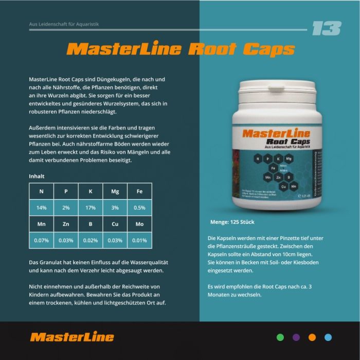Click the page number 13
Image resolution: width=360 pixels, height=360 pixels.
coord(326,29)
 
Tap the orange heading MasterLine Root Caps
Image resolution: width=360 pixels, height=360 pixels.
coord(181,49)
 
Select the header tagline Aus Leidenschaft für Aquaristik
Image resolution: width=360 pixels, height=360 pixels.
coord(64,24)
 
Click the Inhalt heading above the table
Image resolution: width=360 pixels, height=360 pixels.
coord(37,176)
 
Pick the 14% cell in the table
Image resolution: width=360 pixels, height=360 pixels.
coord(41,208)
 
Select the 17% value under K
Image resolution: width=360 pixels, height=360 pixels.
coord(91,208)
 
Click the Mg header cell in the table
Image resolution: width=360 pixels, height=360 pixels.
coord(115,191)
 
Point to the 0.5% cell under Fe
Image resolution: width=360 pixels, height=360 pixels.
coord(139,208)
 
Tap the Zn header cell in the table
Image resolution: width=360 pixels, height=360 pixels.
coord(66,224)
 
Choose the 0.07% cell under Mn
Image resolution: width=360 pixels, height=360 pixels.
coord(41,241)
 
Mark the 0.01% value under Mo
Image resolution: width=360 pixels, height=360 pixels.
coord(139,241)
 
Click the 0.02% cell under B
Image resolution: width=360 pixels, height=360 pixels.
coord(91,241)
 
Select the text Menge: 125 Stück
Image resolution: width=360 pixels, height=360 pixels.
coord(232,222)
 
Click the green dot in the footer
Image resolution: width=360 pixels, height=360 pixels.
coord(280,337)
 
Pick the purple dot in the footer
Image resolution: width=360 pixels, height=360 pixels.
coord(296,337)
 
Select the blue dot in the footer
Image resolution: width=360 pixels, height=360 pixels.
coord(328,337)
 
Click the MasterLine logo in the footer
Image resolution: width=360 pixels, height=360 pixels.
coord(72,337)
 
